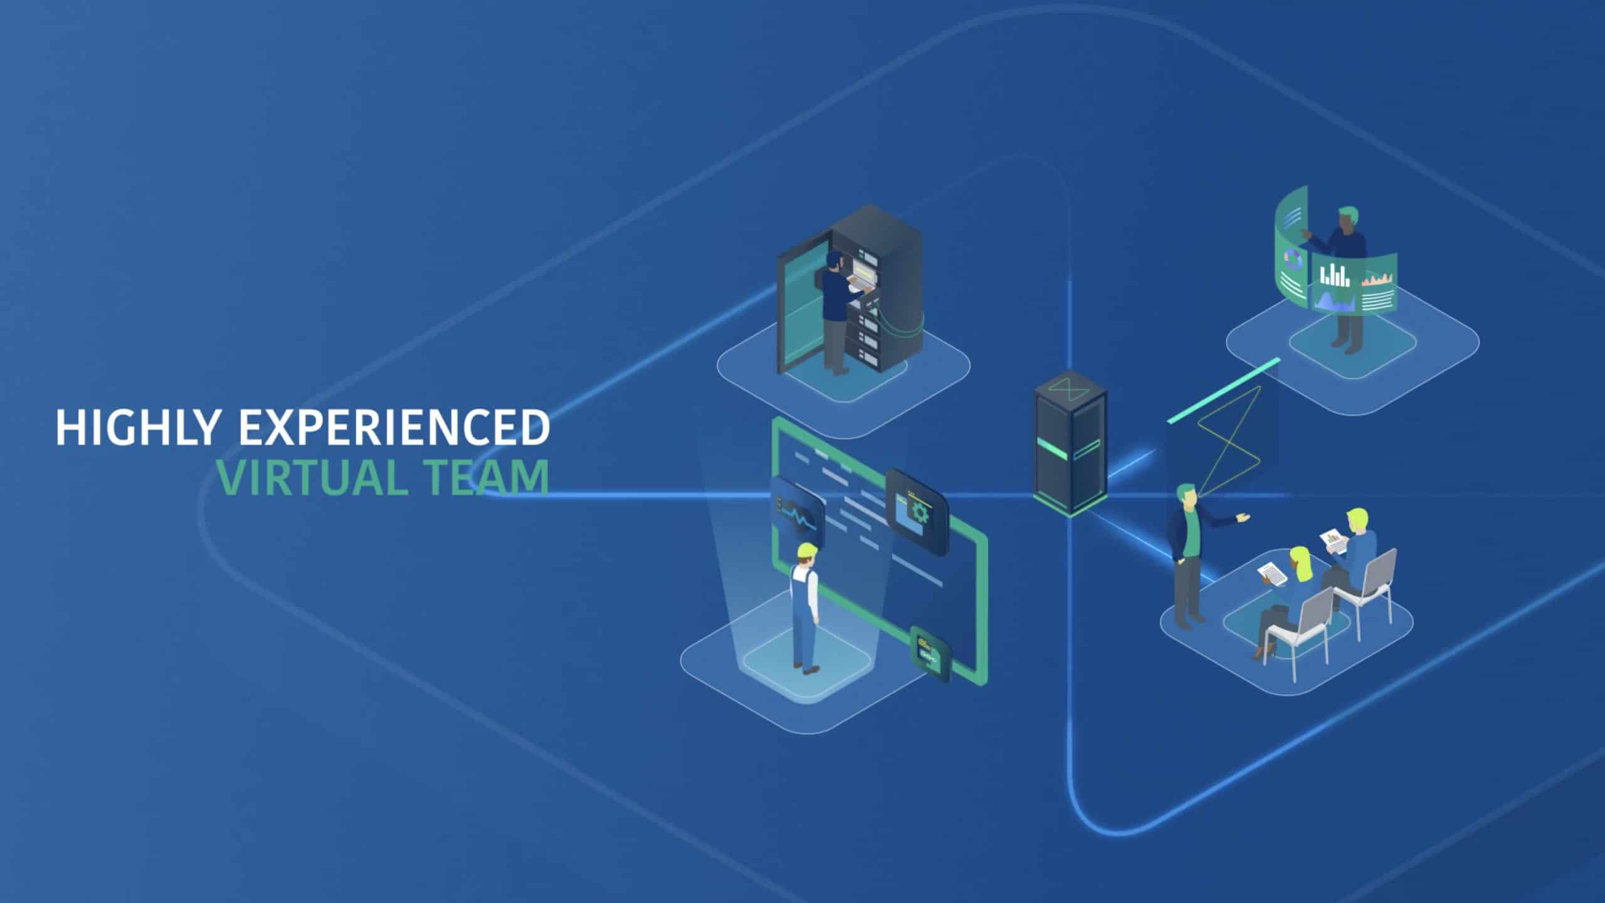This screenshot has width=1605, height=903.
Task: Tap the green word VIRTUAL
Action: point(310,478)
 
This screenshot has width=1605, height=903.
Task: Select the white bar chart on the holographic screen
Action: point(1334,275)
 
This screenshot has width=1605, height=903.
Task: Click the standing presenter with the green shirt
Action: point(1187,552)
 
